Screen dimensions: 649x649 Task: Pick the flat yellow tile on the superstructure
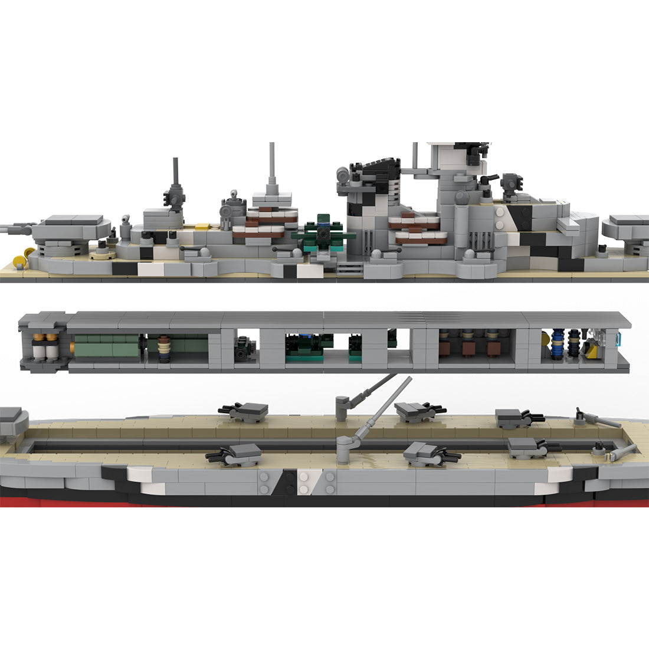pos(202,226)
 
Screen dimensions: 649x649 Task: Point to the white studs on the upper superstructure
pos(500,220)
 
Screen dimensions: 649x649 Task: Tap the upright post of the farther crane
pos(342,408)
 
